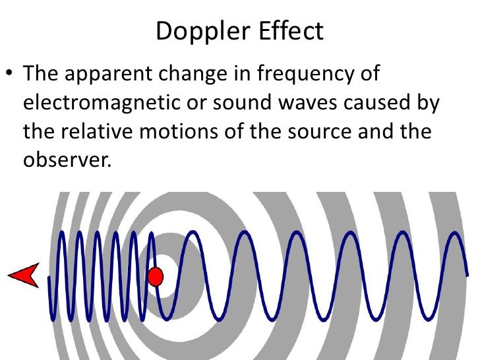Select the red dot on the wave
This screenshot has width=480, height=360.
click(156, 276)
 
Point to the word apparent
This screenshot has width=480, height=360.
click(102, 74)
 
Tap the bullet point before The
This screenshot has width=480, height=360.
click(10, 74)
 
